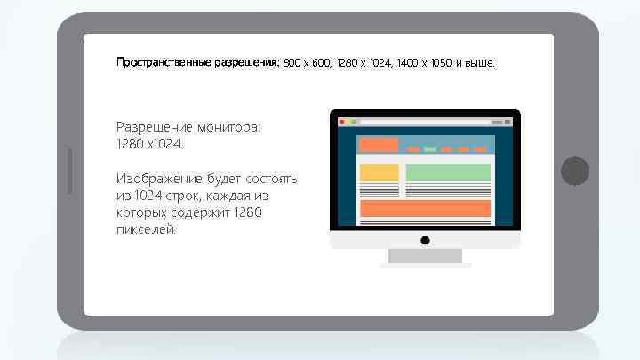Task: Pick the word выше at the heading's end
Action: point(481,64)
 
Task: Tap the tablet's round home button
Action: point(575,171)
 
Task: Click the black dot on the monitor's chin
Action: point(425,240)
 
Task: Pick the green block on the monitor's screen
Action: point(448,172)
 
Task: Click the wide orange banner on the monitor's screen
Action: point(425,209)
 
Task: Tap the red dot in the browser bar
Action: point(340,120)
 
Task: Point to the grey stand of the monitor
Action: point(425,256)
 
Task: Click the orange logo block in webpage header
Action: point(379,145)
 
